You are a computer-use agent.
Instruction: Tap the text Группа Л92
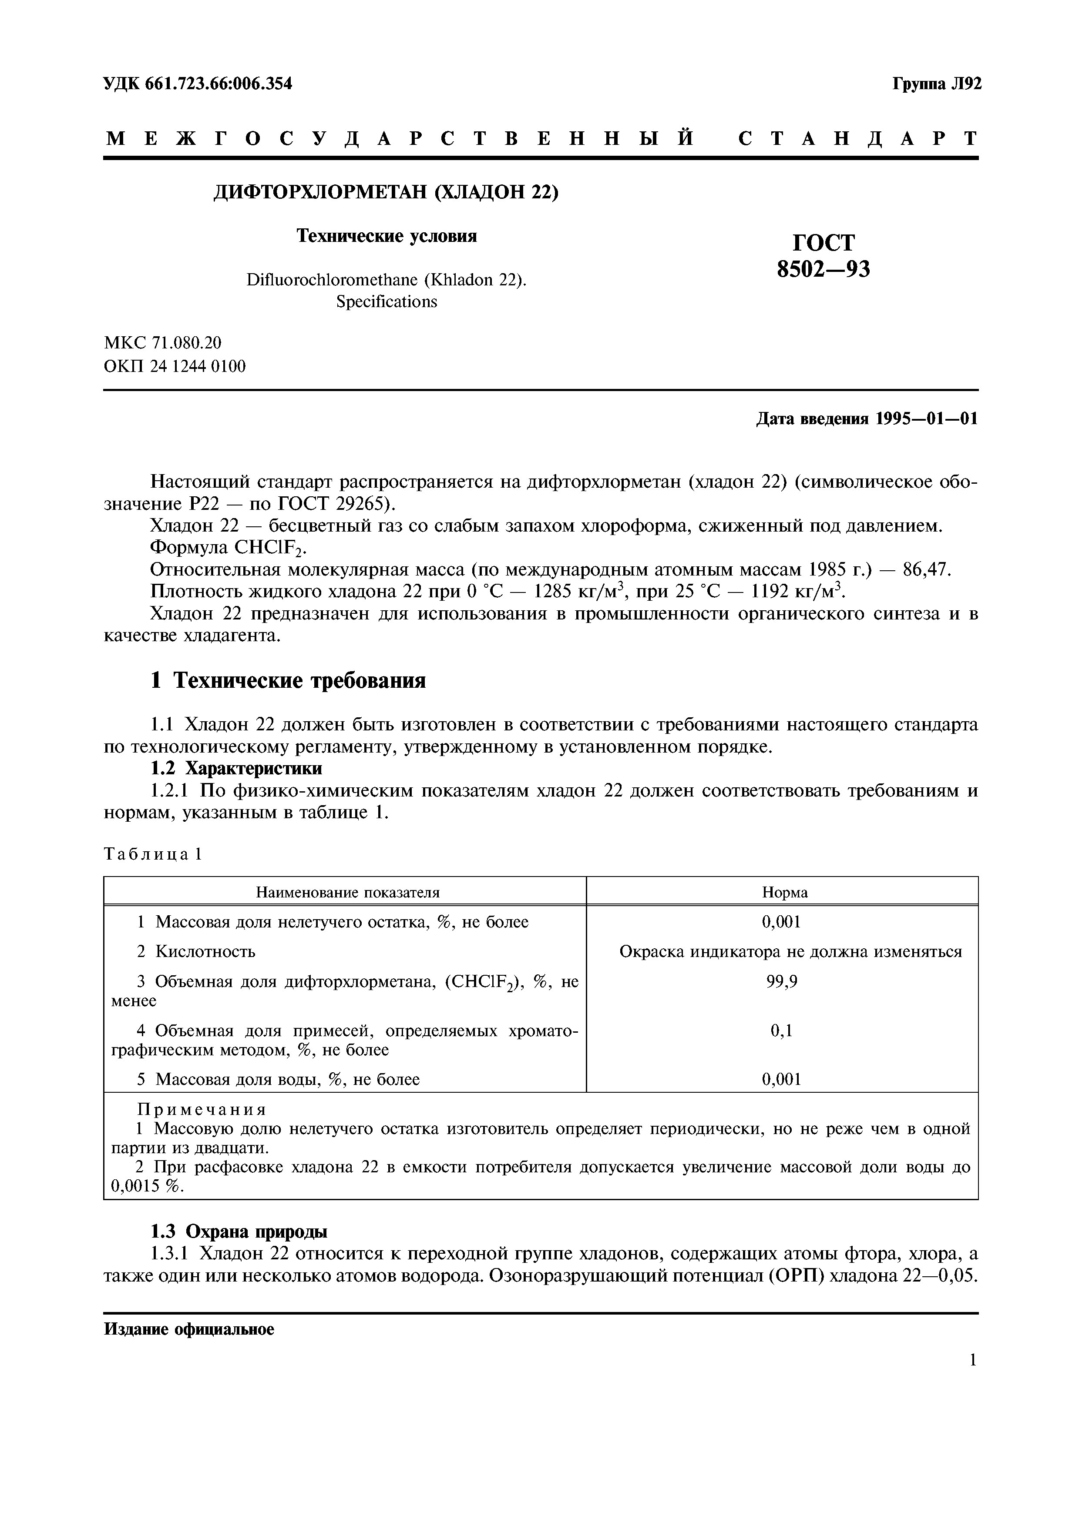pos(936,84)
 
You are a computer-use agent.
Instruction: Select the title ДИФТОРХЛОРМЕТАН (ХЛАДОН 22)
pos(386,192)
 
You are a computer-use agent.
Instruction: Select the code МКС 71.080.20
pos(163,342)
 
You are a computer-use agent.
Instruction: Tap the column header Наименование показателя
pos(348,892)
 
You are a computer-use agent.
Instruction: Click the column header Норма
pos(784,892)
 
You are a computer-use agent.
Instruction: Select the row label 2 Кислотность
pos(196,952)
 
